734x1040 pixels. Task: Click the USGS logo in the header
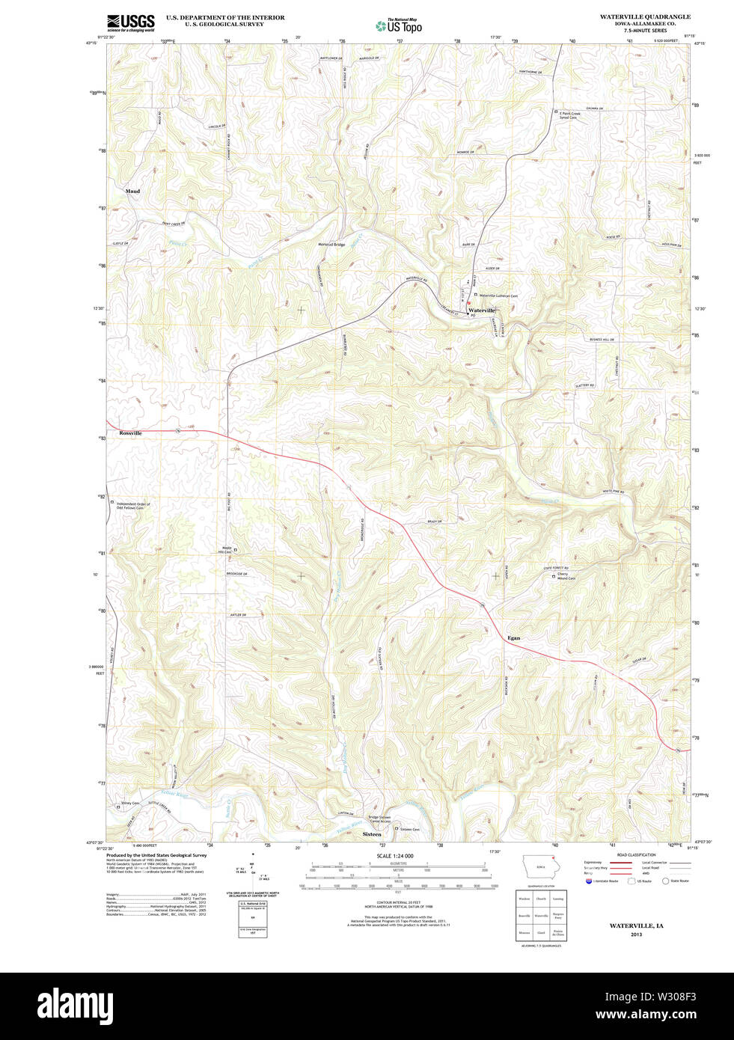pyautogui.click(x=130, y=22)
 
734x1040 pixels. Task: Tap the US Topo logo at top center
pyautogui.click(x=399, y=25)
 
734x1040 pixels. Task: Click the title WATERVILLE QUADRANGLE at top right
pyautogui.click(x=645, y=16)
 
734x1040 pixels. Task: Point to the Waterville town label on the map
pyautogui.click(x=481, y=310)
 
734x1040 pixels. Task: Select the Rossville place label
pyautogui.click(x=130, y=433)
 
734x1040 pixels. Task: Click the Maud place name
pyautogui.click(x=132, y=192)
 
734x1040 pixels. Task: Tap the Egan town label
pyautogui.click(x=513, y=638)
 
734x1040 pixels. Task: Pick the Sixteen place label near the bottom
pyautogui.click(x=372, y=833)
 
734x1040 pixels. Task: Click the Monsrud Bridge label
pyautogui.click(x=331, y=245)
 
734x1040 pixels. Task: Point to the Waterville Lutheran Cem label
pyautogui.click(x=498, y=296)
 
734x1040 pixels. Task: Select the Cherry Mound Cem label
pyautogui.click(x=566, y=576)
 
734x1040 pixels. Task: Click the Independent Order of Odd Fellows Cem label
pyautogui.click(x=133, y=506)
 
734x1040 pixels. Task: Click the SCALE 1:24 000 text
pyautogui.click(x=395, y=856)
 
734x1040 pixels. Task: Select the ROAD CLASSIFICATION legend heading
pyautogui.click(x=636, y=854)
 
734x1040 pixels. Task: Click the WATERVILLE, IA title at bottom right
pyautogui.click(x=636, y=926)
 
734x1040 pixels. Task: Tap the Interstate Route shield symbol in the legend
pyautogui.click(x=589, y=881)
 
